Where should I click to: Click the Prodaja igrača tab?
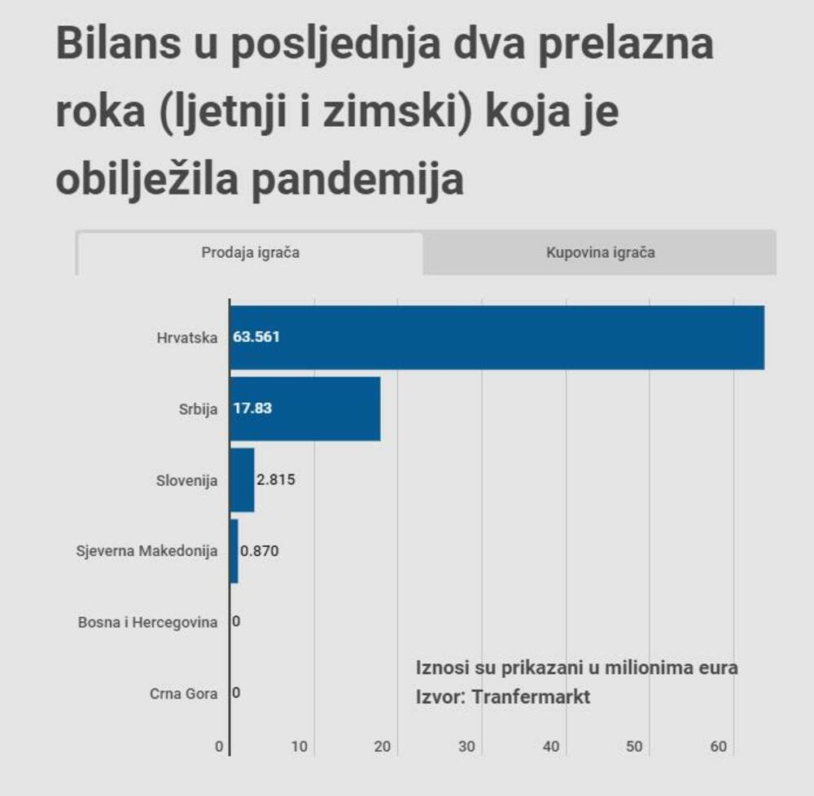(250, 253)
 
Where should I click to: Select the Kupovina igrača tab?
(600, 253)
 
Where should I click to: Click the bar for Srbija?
(326, 409)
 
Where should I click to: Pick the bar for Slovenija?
(243, 480)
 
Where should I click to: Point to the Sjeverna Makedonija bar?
(234, 551)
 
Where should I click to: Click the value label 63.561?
(256, 337)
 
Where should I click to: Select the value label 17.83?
(252, 409)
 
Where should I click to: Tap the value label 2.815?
(275, 480)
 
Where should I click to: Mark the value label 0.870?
(260, 551)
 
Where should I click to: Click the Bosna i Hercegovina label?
(147, 623)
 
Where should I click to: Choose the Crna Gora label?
(183, 694)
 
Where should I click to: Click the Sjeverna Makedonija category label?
(147, 551)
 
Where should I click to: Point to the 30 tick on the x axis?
(467, 747)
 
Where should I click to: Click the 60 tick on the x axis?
(719, 747)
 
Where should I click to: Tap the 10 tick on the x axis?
(300, 747)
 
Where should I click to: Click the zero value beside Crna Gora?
(236, 694)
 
